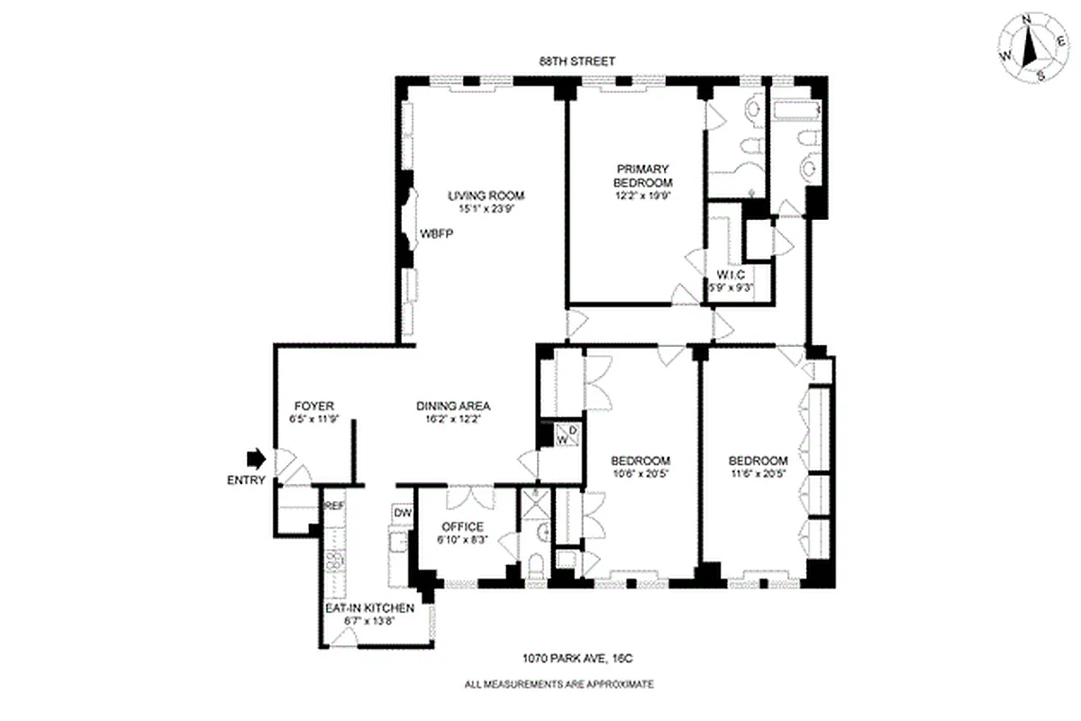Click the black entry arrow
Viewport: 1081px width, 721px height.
pos(257,459)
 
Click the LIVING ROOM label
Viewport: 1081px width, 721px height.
pos(486,196)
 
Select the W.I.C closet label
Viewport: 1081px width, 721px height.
pos(730,275)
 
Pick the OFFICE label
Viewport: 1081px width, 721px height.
pos(462,527)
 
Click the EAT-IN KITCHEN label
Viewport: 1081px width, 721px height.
pos(369,608)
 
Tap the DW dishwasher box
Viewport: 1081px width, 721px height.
pos(403,513)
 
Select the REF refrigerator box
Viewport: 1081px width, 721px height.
pos(333,507)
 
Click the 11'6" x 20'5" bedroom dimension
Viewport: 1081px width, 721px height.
pos(758,472)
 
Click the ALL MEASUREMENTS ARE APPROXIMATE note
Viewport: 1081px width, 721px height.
pos(559,685)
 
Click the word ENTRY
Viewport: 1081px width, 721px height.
pos(246,480)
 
